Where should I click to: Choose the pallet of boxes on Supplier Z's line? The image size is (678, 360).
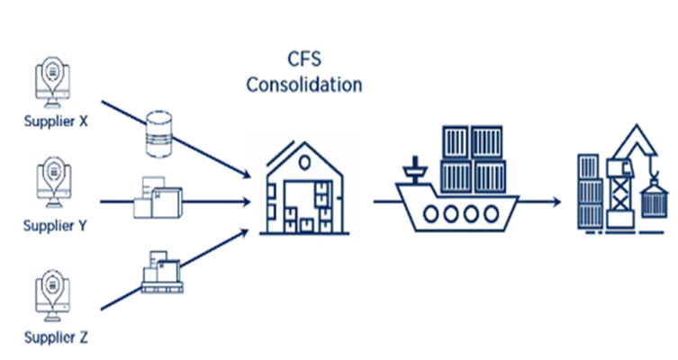coord(159,272)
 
